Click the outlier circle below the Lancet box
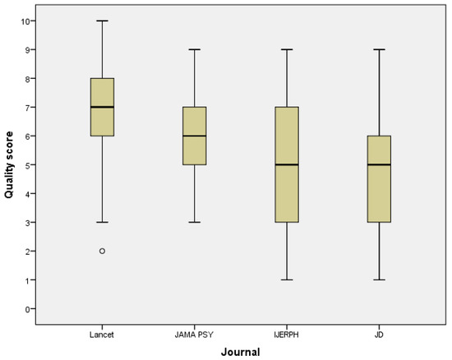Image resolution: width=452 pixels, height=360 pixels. click(102, 251)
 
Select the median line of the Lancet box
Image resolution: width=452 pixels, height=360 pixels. click(102, 107)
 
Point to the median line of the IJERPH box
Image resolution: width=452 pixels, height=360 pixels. click(287, 164)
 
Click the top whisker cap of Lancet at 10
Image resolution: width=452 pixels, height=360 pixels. click(102, 21)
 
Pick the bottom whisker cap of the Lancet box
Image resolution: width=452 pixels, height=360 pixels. click(102, 222)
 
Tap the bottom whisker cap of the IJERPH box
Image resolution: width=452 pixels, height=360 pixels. click(287, 279)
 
